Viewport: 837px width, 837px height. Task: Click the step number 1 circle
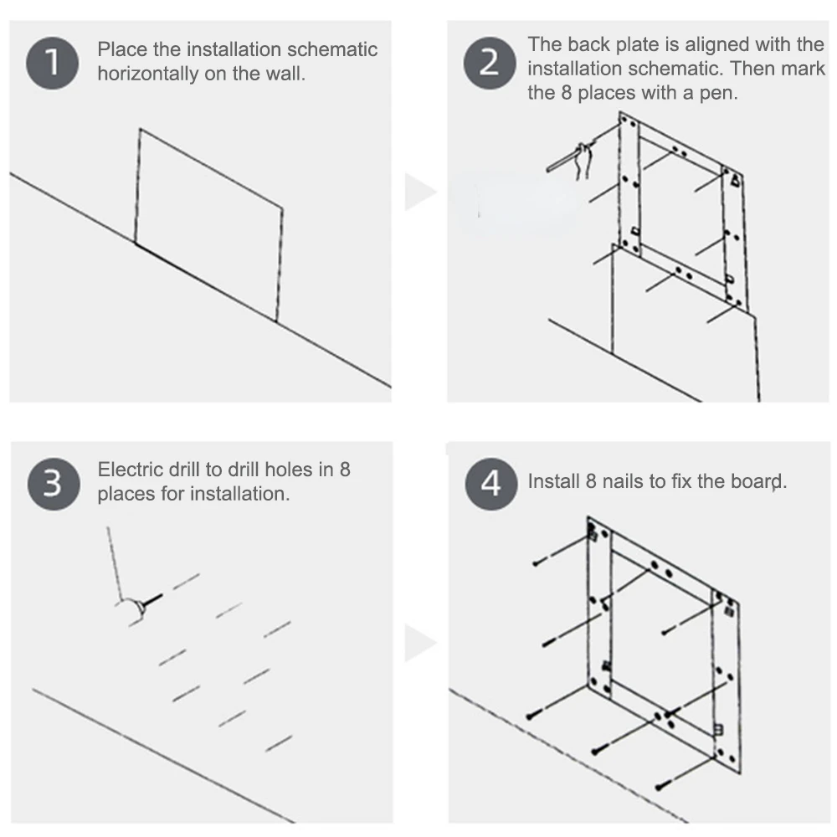click(x=53, y=62)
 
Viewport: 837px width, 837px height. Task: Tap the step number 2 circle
click(x=490, y=63)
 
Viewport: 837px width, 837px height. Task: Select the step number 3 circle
click(x=53, y=483)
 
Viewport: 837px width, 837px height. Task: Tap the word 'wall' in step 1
click(x=285, y=74)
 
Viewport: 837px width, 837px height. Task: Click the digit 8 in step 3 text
click(x=344, y=469)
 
